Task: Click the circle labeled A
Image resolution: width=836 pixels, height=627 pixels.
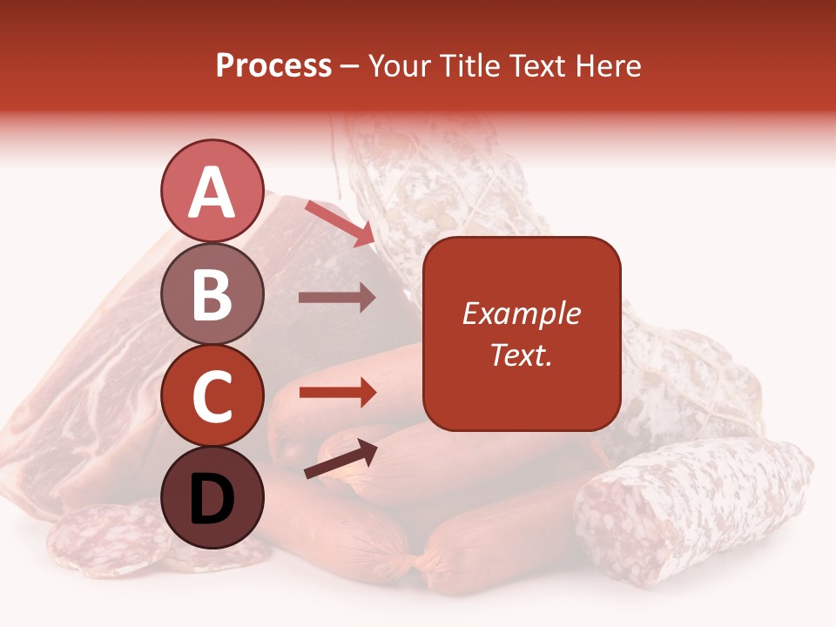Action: [x=212, y=192]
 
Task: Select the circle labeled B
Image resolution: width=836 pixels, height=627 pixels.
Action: [x=212, y=294]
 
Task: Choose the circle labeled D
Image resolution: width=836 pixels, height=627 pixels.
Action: [x=212, y=497]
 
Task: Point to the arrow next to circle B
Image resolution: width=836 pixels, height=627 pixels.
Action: [x=337, y=298]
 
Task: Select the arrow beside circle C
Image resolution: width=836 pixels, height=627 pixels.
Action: [x=337, y=393]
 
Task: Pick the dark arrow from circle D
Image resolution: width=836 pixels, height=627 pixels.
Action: [x=340, y=459]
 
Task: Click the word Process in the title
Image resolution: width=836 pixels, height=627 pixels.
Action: [x=273, y=66]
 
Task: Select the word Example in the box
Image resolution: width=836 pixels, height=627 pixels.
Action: [x=521, y=313]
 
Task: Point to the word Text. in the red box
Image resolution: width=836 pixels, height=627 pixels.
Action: [x=521, y=355]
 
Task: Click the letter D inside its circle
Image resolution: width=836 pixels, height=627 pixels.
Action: [x=212, y=499]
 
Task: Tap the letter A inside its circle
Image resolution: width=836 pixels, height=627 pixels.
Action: [x=212, y=193]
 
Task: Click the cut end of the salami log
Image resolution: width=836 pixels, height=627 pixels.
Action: [x=610, y=522]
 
